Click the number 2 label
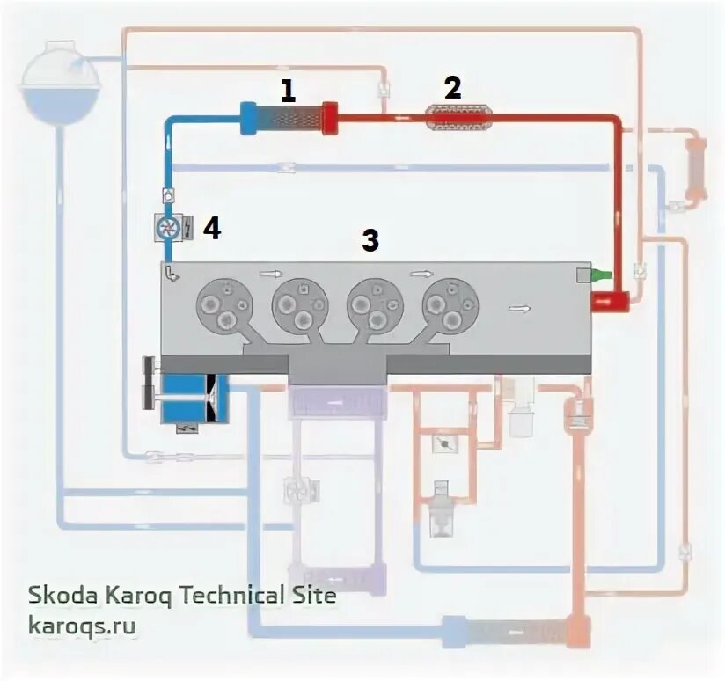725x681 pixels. (x=452, y=87)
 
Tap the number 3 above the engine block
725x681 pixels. (x=371, y=239)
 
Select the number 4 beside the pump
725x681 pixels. (x=211, y=229)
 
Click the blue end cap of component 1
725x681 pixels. (x=248, y=119)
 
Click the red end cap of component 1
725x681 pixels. (x=330, y=119)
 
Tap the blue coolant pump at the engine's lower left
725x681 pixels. (x=194, y=398)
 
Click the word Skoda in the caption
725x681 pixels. (x=58, y=596)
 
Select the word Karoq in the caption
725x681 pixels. (x=131, y=596)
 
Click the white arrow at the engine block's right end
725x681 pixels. (x=521, y=309)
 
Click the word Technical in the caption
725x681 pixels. (x=221, y=596)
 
